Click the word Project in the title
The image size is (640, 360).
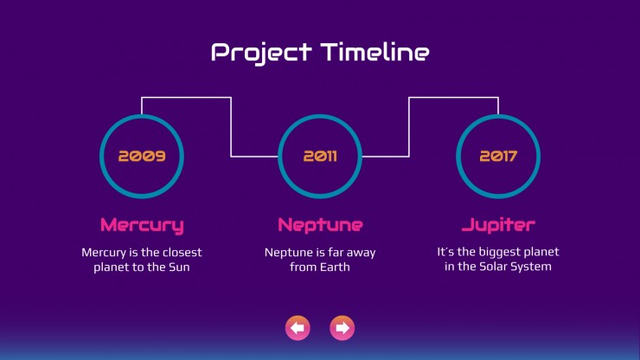click(x=261, y=53)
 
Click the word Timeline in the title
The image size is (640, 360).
click(x=375, y=52)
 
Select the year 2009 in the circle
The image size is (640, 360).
click(x=142, y=156)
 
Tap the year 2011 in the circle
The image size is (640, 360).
click(x=320, y=156)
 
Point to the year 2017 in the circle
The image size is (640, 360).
click(x=498, y=156)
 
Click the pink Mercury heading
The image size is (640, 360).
click(x=142, y=226)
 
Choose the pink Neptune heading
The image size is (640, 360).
click(x=320, y=226)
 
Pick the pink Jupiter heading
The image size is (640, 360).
click(x=498, y=225)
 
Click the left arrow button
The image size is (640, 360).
click(x=298, y=328)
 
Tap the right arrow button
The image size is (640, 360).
click(x=342, y=328)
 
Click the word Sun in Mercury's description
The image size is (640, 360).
click(x=179, y=267)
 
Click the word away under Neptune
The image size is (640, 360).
click(x=361, y=253)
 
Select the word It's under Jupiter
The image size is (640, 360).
click(x=445, y=252)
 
